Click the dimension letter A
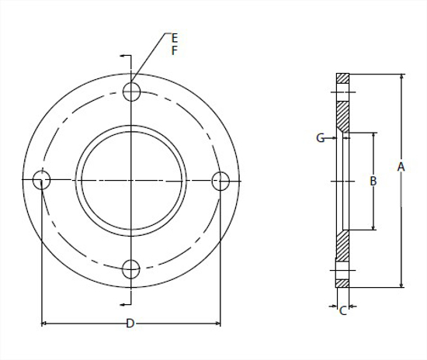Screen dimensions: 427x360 tap(401, 167)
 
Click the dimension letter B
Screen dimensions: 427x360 tap(373, 181)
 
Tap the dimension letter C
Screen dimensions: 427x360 tap(343, 311)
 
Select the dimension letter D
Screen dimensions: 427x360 tap(130, 324)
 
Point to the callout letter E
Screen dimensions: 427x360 tap(174, 38)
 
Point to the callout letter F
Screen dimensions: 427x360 tap(174, 50)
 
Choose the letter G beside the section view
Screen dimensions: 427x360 tap(320, 138)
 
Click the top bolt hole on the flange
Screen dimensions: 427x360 tap(131, 92)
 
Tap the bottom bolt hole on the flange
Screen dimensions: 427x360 tap(131, 269)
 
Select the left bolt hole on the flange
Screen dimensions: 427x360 tap(42, 180)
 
